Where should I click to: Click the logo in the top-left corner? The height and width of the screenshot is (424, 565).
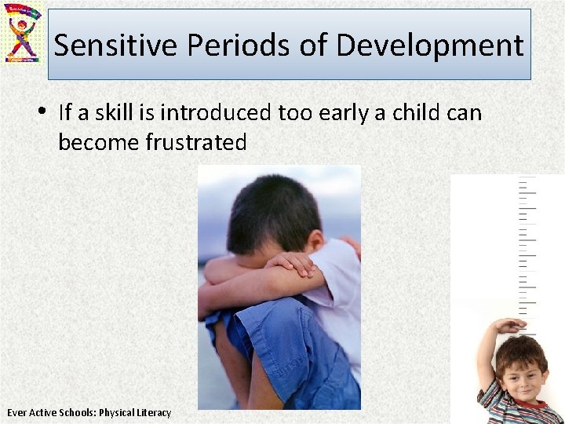point(24,33)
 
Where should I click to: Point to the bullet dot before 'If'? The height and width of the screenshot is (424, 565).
point(46,112)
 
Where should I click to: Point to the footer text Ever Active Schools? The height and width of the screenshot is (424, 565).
point(50,412)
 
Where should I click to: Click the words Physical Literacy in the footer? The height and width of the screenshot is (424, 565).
point(135,412)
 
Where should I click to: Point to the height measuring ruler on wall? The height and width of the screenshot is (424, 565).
point(527,251)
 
